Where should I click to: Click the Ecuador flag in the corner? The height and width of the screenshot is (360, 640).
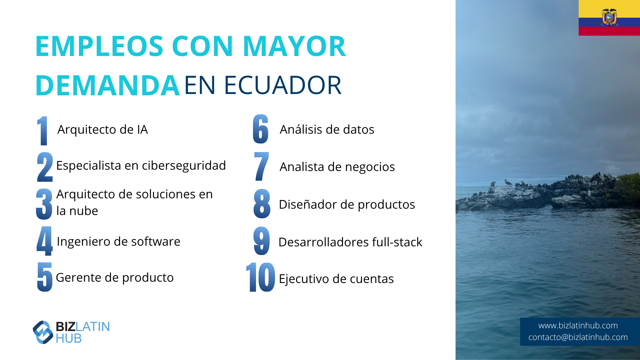[x=609, y=18]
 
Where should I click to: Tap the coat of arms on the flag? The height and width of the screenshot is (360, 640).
[x=609, y=17]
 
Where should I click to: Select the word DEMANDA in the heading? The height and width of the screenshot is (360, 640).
[x=108, y=85]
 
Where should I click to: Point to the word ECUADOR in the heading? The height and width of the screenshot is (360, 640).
[x=283, y=85]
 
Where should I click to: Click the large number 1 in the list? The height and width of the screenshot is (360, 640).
[x=42, y=131]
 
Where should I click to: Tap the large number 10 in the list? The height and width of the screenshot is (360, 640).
[x=260, y=277]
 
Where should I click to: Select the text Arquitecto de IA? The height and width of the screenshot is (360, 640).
[x=103, y=130]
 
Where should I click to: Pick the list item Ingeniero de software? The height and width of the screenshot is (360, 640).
[x=119, y=242]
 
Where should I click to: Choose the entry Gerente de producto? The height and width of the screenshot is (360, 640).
[x=115, y=278]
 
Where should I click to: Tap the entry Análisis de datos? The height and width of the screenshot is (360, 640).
[x=327, y=129]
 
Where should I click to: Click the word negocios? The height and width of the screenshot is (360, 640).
[x=370, y=167]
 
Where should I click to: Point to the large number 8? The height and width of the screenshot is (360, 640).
[x=262, y=204]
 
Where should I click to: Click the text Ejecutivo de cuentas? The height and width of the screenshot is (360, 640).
[x=336, y=279]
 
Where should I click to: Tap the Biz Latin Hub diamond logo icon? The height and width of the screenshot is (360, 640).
[x=43, y=332]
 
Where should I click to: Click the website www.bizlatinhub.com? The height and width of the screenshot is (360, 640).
[x=578, y=326]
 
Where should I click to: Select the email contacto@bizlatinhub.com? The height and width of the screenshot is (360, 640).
[x=578, y=337]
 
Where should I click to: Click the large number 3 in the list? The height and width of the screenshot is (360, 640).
[x=44, y=204]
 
